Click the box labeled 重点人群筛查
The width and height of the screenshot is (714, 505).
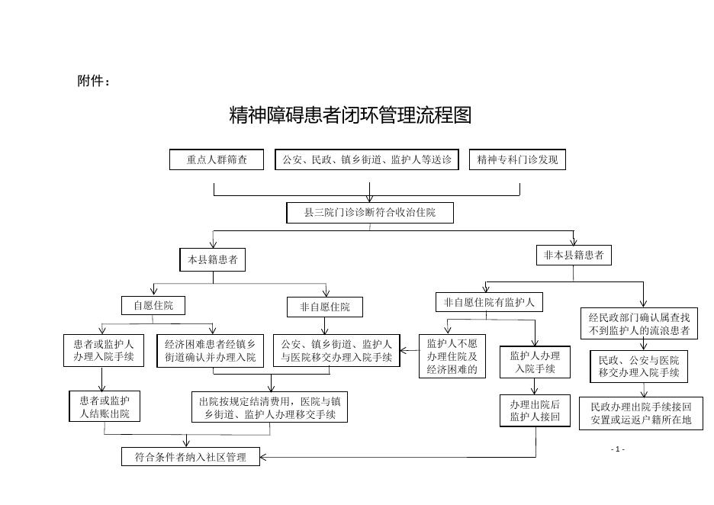[x=217, y=160]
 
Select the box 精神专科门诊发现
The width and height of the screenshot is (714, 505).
[x=517, y=160]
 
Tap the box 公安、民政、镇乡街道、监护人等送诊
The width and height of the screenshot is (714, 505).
[x=367, y=160]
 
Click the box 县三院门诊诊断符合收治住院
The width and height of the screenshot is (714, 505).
[x=370, y=213]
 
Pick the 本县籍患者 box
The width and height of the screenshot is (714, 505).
[x=213, y=259]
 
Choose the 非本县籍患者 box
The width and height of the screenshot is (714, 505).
[x=574, y=256]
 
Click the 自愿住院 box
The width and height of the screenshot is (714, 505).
[x=153, y=306]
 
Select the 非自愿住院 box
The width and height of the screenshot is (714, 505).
[x=325, y=307]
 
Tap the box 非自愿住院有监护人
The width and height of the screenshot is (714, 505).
[x=489, y=302]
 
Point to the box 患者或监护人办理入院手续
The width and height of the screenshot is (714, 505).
[x=104, y=351]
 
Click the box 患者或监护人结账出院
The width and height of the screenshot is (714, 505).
[x=105, y=407]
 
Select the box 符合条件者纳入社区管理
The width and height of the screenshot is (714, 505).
[x=191, y=457]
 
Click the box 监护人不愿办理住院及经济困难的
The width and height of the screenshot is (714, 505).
[x=452, y=356]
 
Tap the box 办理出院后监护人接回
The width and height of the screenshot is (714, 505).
[x=535, y=410]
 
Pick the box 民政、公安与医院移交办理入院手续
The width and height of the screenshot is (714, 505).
[x=639, y=367]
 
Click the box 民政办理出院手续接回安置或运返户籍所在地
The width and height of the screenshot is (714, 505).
[x=641, y=413]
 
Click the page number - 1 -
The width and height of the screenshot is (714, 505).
[x=617, y=449]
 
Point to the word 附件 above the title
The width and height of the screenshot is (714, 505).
[x=90, y=81]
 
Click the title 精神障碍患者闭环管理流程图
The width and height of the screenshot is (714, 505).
[x=350, y=115]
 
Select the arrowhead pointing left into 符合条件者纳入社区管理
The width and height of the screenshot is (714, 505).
[x=263, y=457]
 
